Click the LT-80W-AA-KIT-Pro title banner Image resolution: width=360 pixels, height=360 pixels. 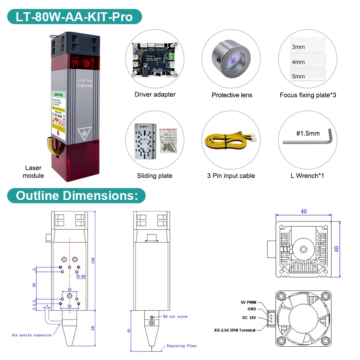74,17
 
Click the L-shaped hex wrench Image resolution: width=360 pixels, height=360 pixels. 309,141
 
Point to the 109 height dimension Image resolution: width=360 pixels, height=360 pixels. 94,261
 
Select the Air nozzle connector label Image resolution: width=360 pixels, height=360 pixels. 31,335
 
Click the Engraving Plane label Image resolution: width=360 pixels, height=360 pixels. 182,346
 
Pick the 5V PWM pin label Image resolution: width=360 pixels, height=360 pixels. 249,302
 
